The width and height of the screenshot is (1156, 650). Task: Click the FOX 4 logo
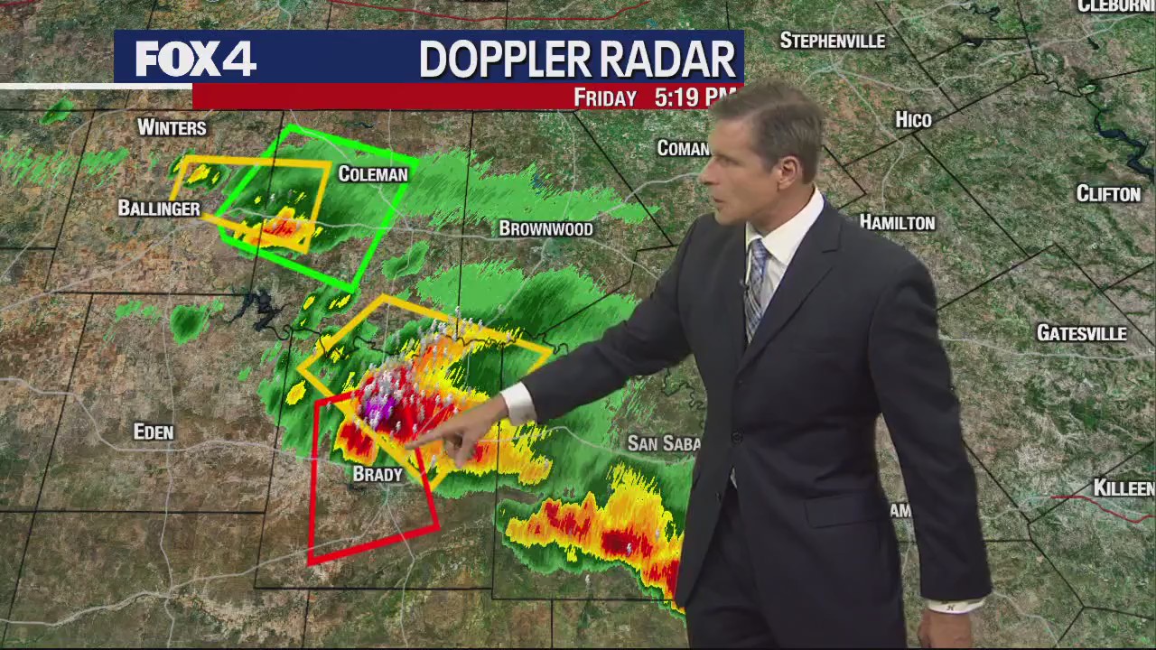(x=195, y=59)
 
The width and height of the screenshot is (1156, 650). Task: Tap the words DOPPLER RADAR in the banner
(x=577, y=60)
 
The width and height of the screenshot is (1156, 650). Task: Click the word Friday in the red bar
(x=605, y=97)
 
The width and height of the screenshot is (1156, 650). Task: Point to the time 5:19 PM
(x=694, y=97)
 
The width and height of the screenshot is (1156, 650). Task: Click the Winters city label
(x=172, y=128)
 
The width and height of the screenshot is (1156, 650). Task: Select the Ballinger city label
(x=159, y=209)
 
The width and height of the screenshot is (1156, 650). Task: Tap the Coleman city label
(x=373, y=174)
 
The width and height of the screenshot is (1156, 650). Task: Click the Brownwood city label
(x=546, y=229)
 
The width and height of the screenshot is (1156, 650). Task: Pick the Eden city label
(x=154, y=432)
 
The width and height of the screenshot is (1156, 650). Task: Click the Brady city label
(x=378, y=475)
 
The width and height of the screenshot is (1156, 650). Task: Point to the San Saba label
(x=665, y=443)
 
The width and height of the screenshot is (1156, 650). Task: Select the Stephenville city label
(x=833, y=41)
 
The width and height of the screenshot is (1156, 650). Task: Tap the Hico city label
(x=913, y=120)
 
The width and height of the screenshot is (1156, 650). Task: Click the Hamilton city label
(x=897, y=222)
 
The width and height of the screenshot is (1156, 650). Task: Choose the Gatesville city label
(x=1081, y=334)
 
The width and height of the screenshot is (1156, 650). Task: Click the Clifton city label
(x=1108, y=194)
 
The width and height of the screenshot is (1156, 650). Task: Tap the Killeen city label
(x=1123, y=488)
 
